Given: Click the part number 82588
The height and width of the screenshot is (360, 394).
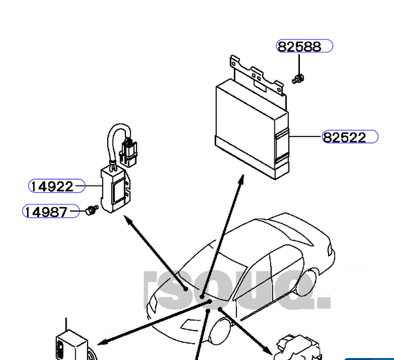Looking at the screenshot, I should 299,46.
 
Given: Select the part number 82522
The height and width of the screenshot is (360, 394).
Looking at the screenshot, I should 344,137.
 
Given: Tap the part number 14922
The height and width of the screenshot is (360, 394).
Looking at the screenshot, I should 52,186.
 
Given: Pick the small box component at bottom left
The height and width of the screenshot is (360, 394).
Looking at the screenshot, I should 72,343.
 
